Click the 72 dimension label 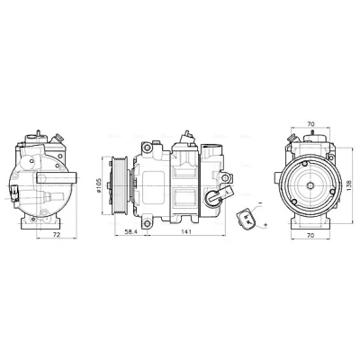click(57, 235)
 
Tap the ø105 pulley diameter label click(98, 185)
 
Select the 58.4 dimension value click(130, 231)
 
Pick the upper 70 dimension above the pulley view click(310, 123)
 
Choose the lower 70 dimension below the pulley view click(310, 236)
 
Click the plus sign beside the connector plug click(265, 225)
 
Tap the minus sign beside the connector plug click(260, 203)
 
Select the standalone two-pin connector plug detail click(246, 220)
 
